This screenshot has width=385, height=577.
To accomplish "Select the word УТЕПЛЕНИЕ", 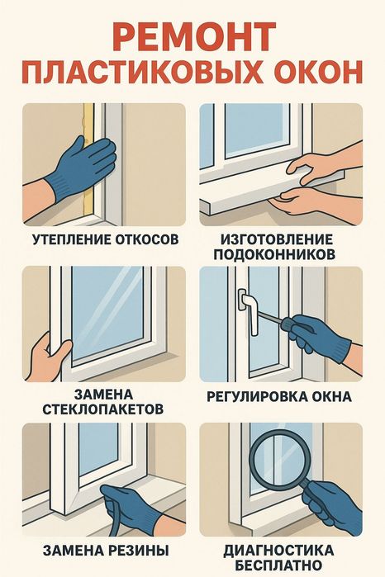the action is tap(71, 239).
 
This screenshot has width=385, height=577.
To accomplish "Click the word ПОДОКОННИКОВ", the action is tap(274, 254).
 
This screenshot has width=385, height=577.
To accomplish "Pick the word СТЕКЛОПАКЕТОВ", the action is tap(103, 409).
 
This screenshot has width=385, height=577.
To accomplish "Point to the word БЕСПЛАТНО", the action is tap(279, 565).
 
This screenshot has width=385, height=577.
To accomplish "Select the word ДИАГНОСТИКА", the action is tap(279, 551).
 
